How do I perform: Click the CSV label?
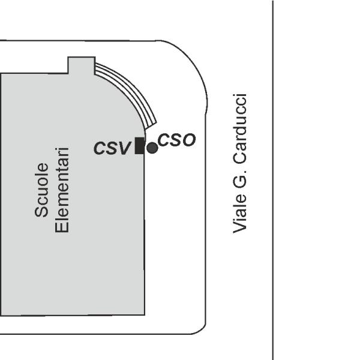pyautogui.click(x=112, y=148)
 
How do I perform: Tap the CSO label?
pyautogui.click(x=176, y=140)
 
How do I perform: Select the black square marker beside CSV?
pyautogui.click(x=140, y=146)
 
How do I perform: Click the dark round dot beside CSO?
pyautogui.click(x=152, y=148)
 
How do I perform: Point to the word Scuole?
pyautogui.click(x=41, y=190)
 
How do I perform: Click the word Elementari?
pyautogui.click(x=62, y=190)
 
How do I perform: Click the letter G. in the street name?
pyautogui.click(x=239, y=179)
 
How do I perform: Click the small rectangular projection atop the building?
pyautogui.click(x=82, y=65)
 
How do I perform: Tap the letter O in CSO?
pyautogui.click(x=190, y=140)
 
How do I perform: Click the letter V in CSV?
pyautogui.click(x=124, y=148)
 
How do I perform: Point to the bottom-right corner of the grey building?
pyautogui.click(x=145, y=315)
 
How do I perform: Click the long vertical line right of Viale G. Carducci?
pyautogui.click(x=273, y=180)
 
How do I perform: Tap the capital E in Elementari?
pyautogui.click(x=62, y=228)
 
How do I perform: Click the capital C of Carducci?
pyautogui.click(x=239, y=157)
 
